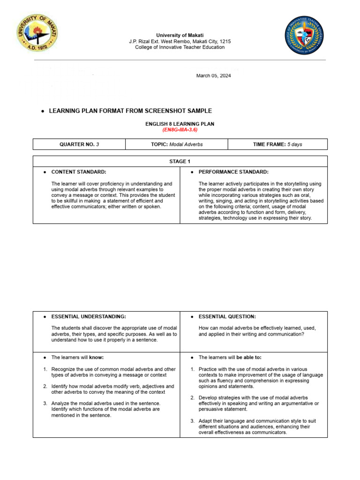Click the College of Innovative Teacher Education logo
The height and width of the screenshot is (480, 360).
pos(304,35)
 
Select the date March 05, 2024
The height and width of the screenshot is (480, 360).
pos(213,76)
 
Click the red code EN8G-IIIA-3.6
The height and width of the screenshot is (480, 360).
pos(180,130)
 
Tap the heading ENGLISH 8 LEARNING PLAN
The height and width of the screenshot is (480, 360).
pos(180,124)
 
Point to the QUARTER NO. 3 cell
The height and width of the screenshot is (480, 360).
pos(79,144)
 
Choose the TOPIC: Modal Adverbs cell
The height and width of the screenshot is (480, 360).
pos(177,144)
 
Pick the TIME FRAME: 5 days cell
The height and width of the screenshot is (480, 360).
pos(277,144)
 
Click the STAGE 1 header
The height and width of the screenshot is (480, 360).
pos(180,162)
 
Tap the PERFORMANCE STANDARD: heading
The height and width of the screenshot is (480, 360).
pos(233,172)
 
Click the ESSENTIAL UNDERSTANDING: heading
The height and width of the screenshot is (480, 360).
pos(88,317)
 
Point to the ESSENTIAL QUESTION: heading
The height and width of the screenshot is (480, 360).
pos(227,317)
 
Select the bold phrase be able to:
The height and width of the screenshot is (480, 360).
pos(249,357)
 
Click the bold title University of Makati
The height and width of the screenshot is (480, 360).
pos(180,35)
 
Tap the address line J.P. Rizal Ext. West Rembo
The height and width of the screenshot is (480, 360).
pos(180,41)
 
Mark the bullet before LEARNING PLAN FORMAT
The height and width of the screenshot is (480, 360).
pos(43,111)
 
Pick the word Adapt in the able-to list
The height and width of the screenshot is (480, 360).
pos(205,421)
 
